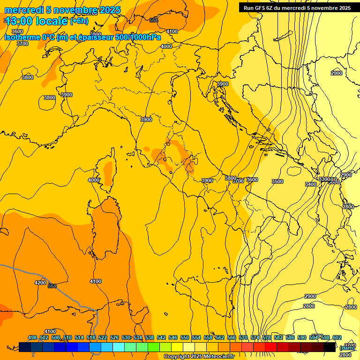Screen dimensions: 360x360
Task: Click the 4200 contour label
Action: (x=40, y=283)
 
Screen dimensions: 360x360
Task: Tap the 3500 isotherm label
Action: (x=277, y=181)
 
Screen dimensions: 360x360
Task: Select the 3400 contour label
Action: (x=310, y=184)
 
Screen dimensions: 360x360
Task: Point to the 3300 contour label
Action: (x=324, y=180)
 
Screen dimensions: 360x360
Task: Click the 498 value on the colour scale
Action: (x=32, y=337)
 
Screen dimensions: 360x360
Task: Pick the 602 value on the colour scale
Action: (x=337, y=337)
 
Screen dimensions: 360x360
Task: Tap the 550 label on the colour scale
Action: (x=185, y=337)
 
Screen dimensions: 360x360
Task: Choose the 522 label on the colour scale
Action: (x=103, y=337)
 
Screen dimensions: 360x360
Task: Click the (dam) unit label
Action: (x=346, y=347)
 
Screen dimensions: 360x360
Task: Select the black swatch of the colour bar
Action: (x=330, y=347)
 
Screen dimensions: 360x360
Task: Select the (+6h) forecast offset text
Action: (x=79, y=21)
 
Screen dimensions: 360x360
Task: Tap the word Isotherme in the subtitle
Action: (x=22, y=37)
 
